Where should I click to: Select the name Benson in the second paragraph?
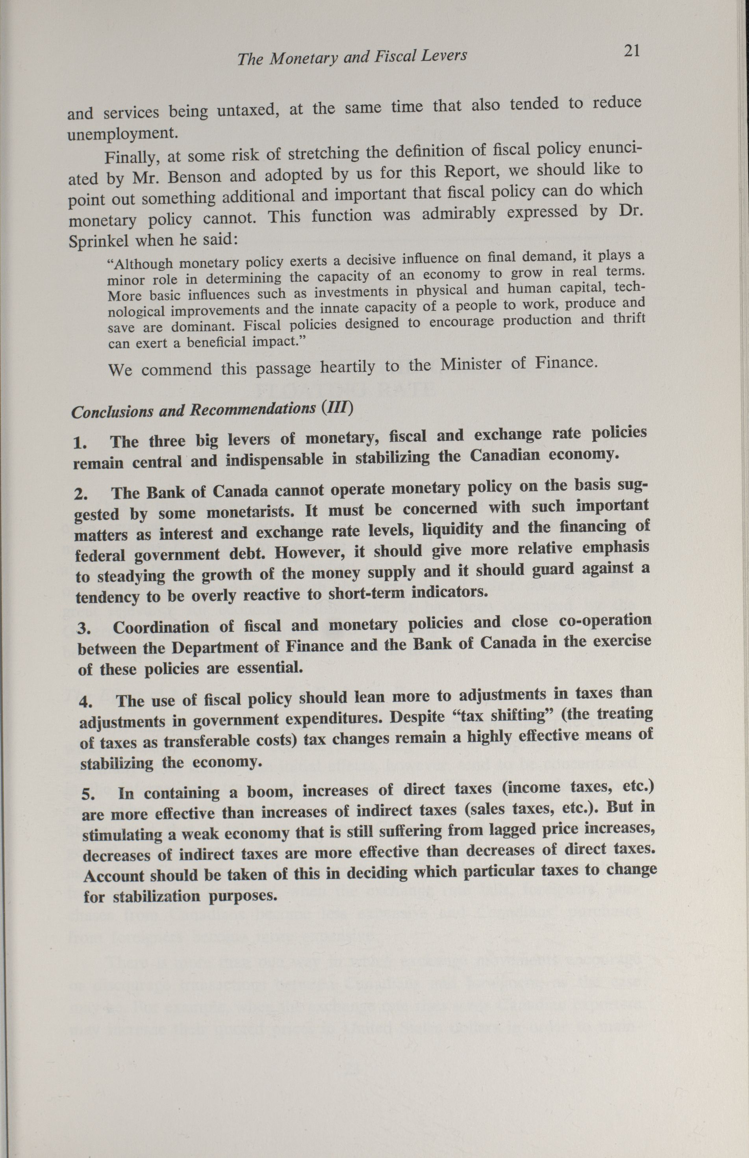(x=192, y=177)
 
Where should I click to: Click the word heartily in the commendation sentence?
(x=347, y=367)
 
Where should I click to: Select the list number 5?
(x=88, y=795)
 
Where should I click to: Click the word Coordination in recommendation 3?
(x=161, y=627)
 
